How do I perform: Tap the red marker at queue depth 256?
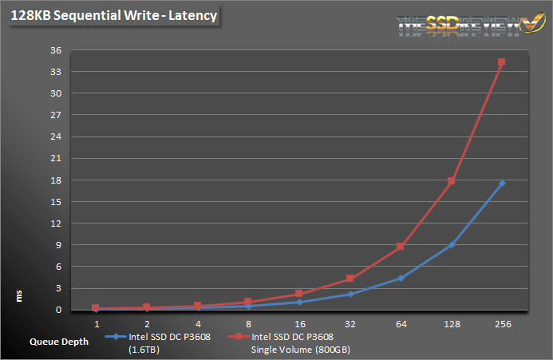pyautogui.click(x=501, y=62)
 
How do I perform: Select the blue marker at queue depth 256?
pyautogui.click(x=501, y=184)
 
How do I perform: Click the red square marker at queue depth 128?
pyautogui.click(x=451, y=181)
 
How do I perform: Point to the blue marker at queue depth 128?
pyautogui.click(x=451, y=245)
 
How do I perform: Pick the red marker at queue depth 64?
pyautogui.click(x=401, y=247)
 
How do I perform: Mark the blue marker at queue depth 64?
pyautogui.click(x=401, y=278)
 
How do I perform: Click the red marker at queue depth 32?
pyautogui.click(x=350, y=279)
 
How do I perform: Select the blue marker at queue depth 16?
pyautogui.click(x=298, y=302)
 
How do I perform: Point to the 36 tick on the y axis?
pyautogui.click(x=56, y=50)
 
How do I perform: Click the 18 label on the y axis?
pyautogui.click(x=56, y=180)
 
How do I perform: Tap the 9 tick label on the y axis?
pyautogui.click(x=58, y=245)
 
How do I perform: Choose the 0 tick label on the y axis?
pyautogui.click(x=58, y=310)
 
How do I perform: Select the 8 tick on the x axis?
pyautogui.click(x=248, y=324)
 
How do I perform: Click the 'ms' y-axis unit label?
pyautogui.click(x=19, y=297)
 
